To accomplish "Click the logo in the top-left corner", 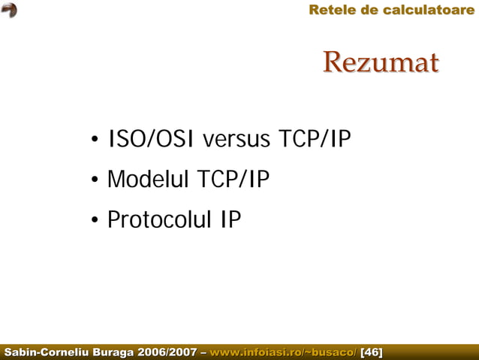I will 10,10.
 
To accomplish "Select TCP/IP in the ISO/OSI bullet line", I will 315,140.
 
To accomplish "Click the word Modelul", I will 148,180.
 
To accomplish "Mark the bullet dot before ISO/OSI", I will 95,141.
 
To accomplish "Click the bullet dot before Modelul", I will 95,182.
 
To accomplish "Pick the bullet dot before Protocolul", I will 95,222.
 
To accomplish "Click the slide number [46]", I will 372,352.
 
